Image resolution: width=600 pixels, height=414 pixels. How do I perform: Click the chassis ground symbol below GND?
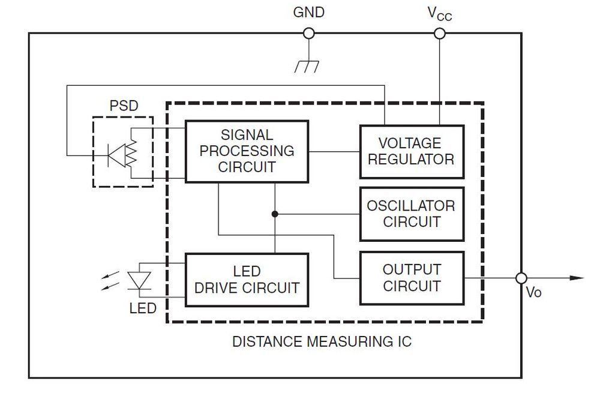(307, 67)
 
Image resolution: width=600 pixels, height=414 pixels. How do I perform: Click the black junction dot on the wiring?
(275, 214)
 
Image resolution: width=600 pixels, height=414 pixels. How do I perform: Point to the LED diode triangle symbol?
(139, 280)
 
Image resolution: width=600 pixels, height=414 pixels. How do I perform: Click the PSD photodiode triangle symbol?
(117, 155)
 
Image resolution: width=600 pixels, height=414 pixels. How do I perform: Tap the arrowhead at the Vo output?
(577, 278)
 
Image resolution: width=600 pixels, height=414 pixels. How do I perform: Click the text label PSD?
(124, 106)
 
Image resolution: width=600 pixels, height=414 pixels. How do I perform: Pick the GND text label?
(309, 12)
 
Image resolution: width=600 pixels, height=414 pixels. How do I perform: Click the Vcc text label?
(440, 14)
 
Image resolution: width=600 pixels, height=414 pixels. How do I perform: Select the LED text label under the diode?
(143, 308)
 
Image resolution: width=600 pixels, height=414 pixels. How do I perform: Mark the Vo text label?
(534, 292)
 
